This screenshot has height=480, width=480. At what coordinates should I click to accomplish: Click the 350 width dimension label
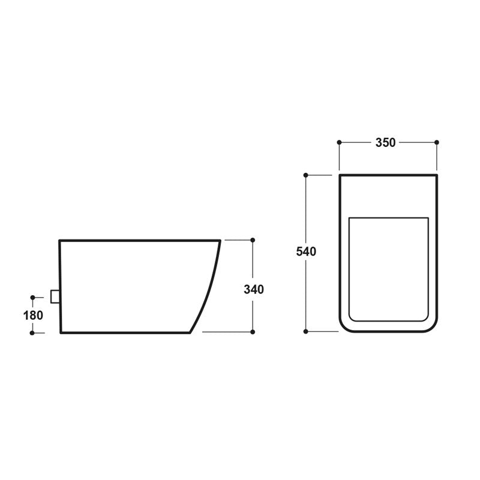point(385,143)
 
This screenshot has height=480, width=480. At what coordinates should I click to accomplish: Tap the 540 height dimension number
point(306,252)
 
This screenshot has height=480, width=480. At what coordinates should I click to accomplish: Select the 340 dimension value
point(254,289)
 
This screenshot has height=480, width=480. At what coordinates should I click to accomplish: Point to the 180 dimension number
point(34,314)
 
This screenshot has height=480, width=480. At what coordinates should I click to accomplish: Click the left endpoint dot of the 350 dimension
point(339,142)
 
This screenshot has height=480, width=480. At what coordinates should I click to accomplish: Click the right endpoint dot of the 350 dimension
point(436,142)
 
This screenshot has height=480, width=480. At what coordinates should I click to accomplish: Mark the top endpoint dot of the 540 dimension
point(306,175)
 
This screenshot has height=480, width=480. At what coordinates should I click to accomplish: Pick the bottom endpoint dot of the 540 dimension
point(306,331)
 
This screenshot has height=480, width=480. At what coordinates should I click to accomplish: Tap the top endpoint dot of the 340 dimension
point(253,240)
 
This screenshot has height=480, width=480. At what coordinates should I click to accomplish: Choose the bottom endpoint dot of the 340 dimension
point(253,332)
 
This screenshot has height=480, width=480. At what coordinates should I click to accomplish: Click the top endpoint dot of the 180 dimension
point(33,296)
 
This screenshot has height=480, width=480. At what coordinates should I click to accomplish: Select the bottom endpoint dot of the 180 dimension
point(33,332)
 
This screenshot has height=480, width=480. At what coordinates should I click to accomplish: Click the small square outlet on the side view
point(55,296)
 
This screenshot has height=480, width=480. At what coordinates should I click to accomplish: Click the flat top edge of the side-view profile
point(138,241)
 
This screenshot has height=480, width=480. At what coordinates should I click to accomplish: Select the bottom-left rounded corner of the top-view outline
point(346,325)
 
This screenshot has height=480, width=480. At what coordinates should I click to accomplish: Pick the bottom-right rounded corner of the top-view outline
point(430,325)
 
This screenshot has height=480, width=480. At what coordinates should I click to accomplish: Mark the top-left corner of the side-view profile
point(60,241)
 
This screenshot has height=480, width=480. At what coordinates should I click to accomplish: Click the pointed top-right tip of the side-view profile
point(220,241)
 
